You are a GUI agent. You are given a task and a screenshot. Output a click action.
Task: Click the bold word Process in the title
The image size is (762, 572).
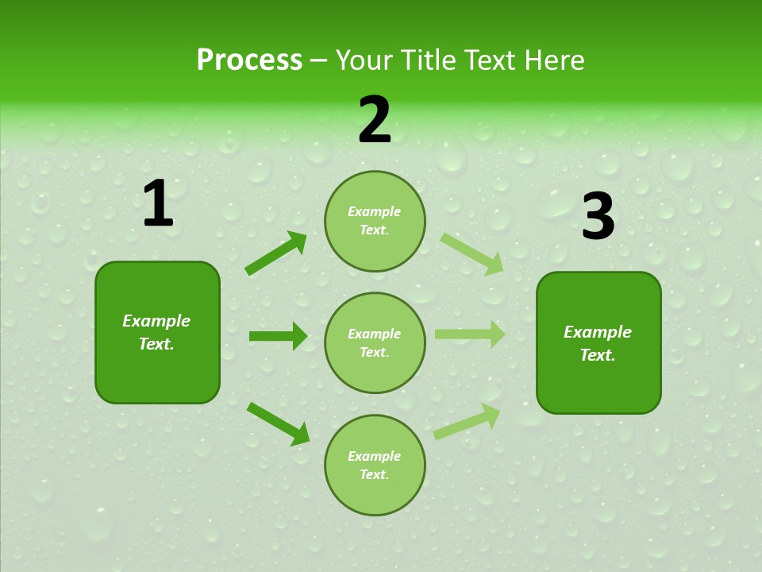[249, 60]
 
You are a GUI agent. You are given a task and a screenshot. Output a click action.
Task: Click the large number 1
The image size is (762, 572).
[158, 205]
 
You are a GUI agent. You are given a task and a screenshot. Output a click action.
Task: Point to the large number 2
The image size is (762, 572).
[375, 121]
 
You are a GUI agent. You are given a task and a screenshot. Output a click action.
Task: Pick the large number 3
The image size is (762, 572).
[598, 217]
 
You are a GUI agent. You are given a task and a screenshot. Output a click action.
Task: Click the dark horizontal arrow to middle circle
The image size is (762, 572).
[278, 336]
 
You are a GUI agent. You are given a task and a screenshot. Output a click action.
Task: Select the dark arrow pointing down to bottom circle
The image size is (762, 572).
[278, 423]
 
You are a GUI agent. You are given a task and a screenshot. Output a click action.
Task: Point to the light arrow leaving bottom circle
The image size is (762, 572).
[467, 422]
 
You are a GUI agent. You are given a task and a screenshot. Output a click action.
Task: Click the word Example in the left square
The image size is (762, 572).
[156, 321]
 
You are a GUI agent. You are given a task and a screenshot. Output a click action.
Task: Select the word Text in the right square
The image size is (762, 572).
[596, 355]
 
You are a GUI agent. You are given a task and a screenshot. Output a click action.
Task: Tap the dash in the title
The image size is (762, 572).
[319, 61]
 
